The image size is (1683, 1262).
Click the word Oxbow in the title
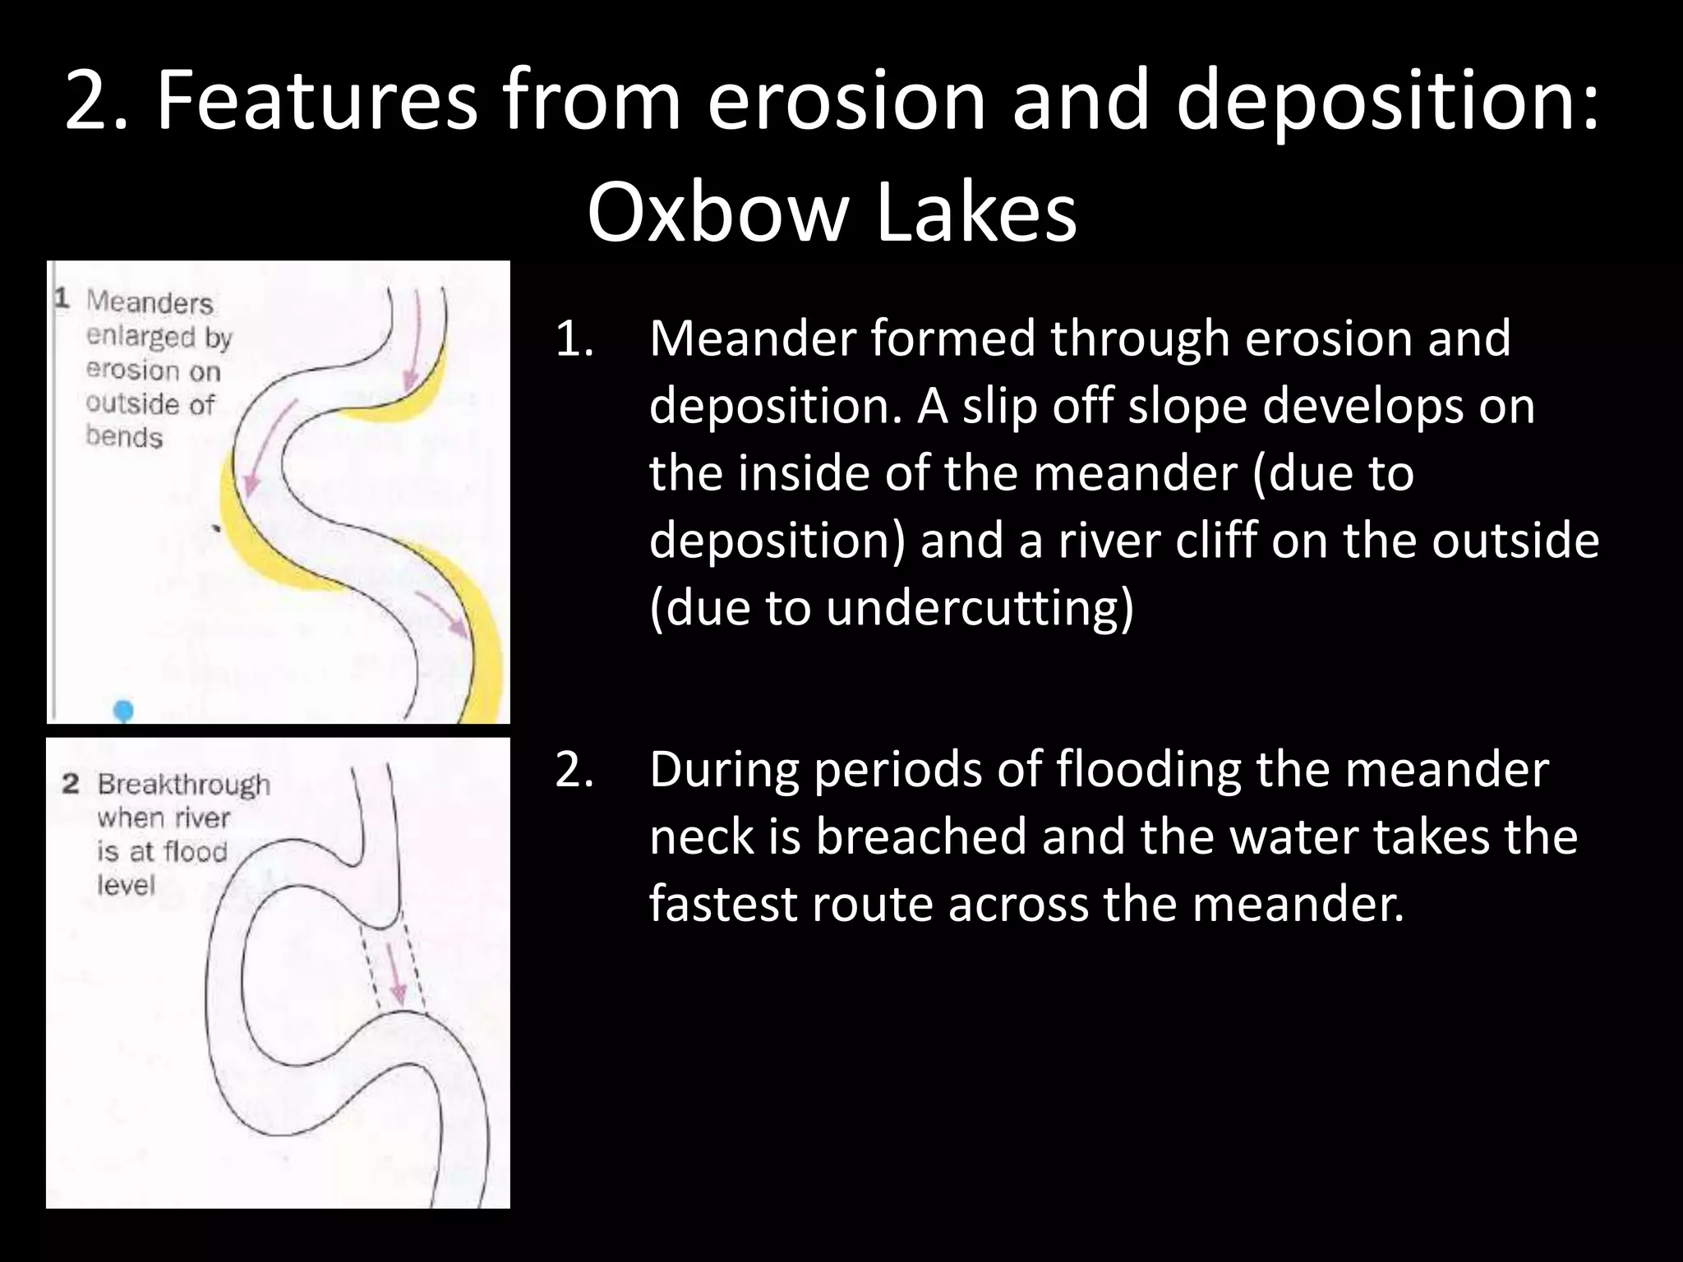tap(717, 212)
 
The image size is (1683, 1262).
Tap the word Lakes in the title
tap(975, 212)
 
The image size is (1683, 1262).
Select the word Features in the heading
tap(316, 100)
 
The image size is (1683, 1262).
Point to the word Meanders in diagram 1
tap(150, 302)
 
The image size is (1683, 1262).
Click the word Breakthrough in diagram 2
tap(183, 785)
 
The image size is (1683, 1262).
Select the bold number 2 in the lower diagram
tap(71, 784)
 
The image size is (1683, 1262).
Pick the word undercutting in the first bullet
tap(980, 608)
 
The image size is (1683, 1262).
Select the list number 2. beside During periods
tap(574, 771)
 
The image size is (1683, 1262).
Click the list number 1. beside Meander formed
tap(574, 339)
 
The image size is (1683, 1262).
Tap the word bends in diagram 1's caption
tap(124, 437)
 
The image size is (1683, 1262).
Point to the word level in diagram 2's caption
tap(126, 885)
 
